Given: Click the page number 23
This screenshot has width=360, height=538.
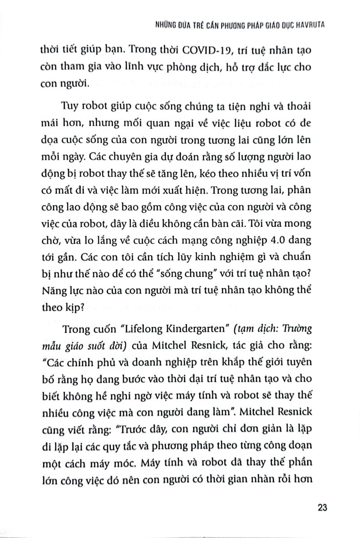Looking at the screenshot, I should (322, 507).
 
